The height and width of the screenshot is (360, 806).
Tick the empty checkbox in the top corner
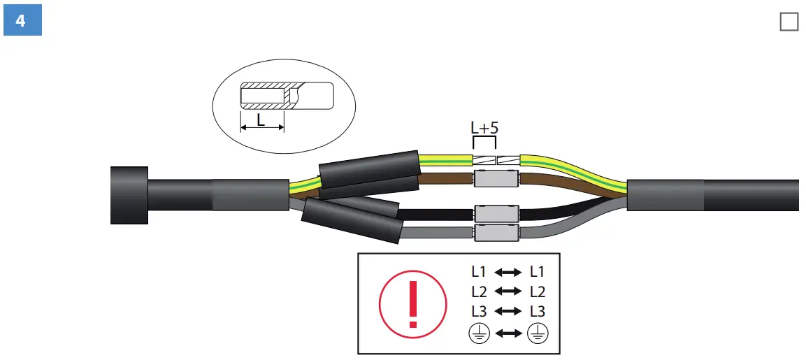point(789,22)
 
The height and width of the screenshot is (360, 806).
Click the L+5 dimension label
point(484,129)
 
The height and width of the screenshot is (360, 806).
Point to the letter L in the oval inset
point(261,120)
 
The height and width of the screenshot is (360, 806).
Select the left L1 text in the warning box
point(479,272)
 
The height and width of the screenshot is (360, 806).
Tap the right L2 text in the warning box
point(538,291)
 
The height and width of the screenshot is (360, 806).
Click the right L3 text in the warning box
point(538,311)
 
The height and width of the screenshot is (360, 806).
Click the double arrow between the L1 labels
point(508,272)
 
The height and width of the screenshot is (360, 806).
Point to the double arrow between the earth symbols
point(508,333)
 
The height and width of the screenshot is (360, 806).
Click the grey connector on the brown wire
point(496,178)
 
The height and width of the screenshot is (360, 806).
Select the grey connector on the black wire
point(496,213)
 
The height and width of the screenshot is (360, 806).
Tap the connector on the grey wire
point(496,232)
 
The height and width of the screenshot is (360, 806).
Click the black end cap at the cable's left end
point(129,195)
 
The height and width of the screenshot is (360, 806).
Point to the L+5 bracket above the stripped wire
point(484,142)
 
